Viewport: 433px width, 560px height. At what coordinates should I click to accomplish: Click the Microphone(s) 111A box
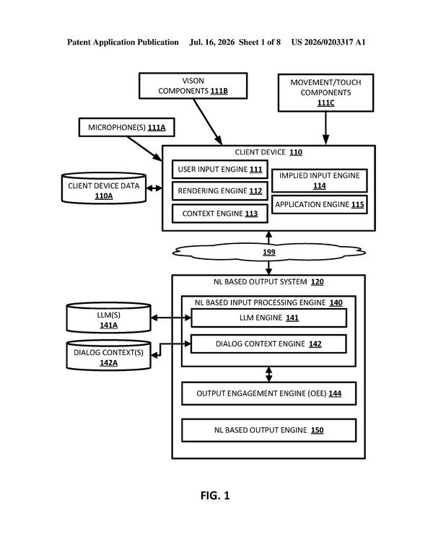point(126,127)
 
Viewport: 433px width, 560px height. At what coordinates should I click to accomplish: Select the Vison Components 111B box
point(193,86)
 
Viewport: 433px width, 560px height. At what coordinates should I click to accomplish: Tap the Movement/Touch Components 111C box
point(325,92)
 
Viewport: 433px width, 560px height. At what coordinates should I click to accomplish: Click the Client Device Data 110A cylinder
point(104,188)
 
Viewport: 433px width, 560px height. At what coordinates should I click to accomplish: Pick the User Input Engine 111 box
point(219,170)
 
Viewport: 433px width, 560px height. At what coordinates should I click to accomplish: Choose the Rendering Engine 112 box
point(219,191)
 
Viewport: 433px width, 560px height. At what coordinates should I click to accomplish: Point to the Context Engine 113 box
point(219,214)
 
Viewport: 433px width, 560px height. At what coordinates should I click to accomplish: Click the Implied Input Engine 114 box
point(320,180)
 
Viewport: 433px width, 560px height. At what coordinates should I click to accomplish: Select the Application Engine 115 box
point(320,204)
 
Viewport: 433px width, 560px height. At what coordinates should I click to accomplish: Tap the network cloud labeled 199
point(268,252)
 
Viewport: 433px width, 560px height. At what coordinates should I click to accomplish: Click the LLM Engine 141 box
point(268,318)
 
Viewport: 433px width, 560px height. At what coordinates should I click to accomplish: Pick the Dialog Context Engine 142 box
point(268,344)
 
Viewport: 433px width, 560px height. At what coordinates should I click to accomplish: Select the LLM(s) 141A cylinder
point(108,318)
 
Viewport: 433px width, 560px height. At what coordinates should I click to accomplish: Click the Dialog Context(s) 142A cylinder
point(108,355)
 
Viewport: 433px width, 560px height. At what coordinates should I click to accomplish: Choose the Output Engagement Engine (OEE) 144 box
point(268,393)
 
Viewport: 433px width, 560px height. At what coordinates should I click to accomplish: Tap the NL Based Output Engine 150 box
point(268,430)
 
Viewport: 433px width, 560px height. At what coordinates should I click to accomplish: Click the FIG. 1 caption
point(215,496)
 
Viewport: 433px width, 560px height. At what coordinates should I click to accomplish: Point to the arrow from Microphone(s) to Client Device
point(144,149)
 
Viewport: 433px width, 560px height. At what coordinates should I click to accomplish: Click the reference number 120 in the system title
point(318,281)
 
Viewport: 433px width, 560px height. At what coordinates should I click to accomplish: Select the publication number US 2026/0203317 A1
point(328,42)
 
